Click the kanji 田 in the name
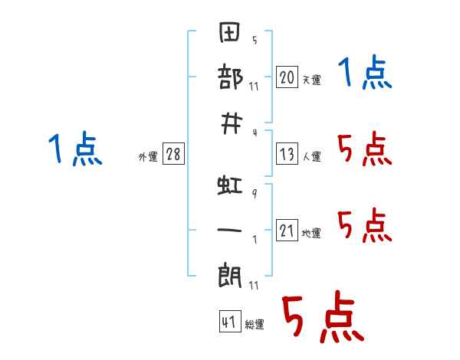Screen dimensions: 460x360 coord(230,32)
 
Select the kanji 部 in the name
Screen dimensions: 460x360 coord(230,77)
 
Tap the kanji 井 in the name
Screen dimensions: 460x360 coord(232,124)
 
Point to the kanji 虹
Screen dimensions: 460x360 coord(230,185)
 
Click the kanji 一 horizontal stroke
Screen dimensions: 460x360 coord(229,230)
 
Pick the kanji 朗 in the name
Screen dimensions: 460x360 coord(230,276)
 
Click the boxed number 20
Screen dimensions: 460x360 coord(287,77)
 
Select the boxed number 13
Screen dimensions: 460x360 coord(287,154)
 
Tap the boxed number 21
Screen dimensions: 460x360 coord(287,230)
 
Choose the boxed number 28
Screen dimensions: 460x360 coord(173,154)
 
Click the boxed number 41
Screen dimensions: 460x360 coord(230,322)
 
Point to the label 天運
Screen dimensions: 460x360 coord(312,80)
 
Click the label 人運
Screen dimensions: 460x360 coord(312,157)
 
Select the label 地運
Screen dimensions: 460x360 coord(311,234)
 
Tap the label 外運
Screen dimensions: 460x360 coord(148,157)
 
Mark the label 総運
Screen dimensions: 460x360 coord(255,325)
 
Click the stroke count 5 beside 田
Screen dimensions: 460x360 coord(255,40)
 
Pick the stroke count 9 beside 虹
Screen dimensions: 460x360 coord(255,193)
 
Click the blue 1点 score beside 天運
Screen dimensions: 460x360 coord(365,72)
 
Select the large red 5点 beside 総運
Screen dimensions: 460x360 coord(324,316)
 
